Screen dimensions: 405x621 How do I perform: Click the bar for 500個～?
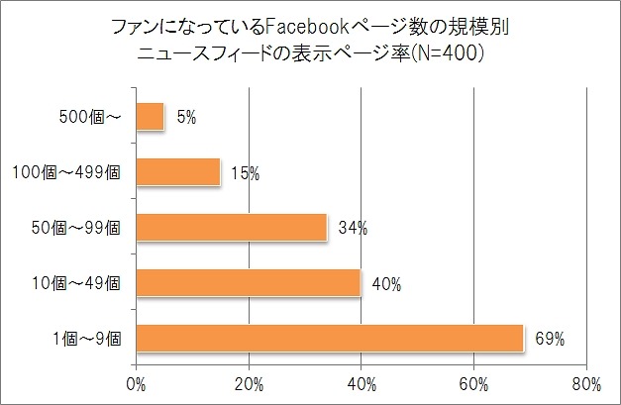(150, 117)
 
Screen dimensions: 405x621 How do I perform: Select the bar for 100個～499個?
(177, 172)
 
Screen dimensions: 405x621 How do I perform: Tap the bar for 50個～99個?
(231, 228)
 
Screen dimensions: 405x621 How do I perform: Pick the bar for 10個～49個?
(249, 284)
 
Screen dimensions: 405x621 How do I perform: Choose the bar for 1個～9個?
(329, 339)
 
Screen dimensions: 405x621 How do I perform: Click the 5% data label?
(186, 118)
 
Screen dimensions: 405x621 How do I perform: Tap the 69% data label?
(549, 340)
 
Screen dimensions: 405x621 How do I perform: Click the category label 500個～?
(89, 118)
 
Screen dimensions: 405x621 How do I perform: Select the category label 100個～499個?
(65, 173)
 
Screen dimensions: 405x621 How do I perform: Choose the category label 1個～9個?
(88, 340)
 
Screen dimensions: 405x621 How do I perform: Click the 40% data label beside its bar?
(385, 285)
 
